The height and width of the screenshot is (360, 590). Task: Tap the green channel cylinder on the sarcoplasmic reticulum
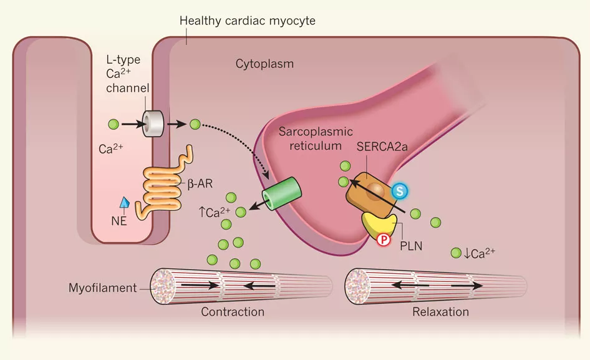click(x=282, y=193)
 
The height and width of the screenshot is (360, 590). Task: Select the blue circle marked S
click(x=400, y=191)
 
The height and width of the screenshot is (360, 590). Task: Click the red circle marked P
click(x=384, y=240)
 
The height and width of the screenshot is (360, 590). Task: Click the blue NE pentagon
click(x=125, y=202)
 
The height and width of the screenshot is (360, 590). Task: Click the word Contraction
click(x=233, y=312)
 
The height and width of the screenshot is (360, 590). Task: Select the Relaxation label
click(x=440, y=312)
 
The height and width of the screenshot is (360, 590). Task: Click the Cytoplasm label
click(x=264, y=64)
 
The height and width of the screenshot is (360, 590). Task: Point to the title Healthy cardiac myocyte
click(x=247, y=21)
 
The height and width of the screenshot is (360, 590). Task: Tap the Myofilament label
click(x=102, y=288)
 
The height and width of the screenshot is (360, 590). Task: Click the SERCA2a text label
click(x=382, y=147)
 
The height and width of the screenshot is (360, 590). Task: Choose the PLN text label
click(x=411, y=246)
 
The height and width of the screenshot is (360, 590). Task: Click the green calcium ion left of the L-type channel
click(x=114, y=124)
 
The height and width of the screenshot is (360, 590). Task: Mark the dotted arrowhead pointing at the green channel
click(x=266, y=175)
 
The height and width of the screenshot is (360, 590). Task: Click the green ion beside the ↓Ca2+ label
click(x=456, y=253)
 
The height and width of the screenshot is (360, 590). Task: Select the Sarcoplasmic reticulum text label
click(x=316, y=139)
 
